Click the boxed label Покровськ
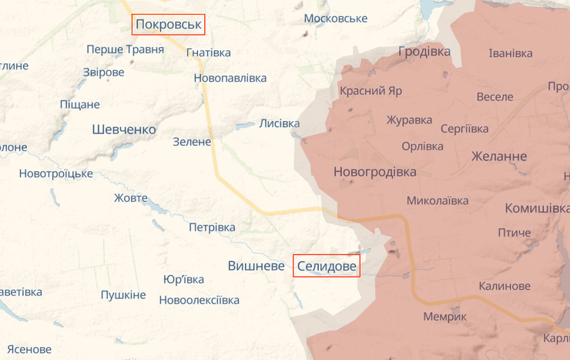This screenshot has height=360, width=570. [x=168, y=25]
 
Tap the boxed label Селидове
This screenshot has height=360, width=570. [x=327, y=266]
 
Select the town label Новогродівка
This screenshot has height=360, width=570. [x=375, y=172]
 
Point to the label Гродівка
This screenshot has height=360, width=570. [x=424, y=52]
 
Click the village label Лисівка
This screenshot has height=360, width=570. [x=280, y=123]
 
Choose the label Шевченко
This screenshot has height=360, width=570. [x=124, y=130]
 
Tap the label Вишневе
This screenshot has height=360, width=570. [x=256, y=266]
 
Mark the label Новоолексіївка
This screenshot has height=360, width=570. [x=199, y=301]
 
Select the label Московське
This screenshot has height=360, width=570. [x=336, y=19]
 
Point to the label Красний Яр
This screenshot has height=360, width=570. [x=371, y=91]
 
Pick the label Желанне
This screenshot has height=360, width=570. [x=499, y=157]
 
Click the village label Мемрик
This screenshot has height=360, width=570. [x=445, y=317]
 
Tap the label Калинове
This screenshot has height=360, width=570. [x=505, y=286]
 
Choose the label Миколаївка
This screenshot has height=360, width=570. [x=438, y=201]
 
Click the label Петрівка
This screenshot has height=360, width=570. [x=212, y=227]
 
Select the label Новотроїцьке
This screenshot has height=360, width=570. [x=56, y=173]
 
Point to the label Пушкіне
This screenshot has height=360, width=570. [x=123, y=295]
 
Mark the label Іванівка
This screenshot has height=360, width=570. [x=511, y=54]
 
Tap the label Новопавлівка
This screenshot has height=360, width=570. [x=230, y=79]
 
